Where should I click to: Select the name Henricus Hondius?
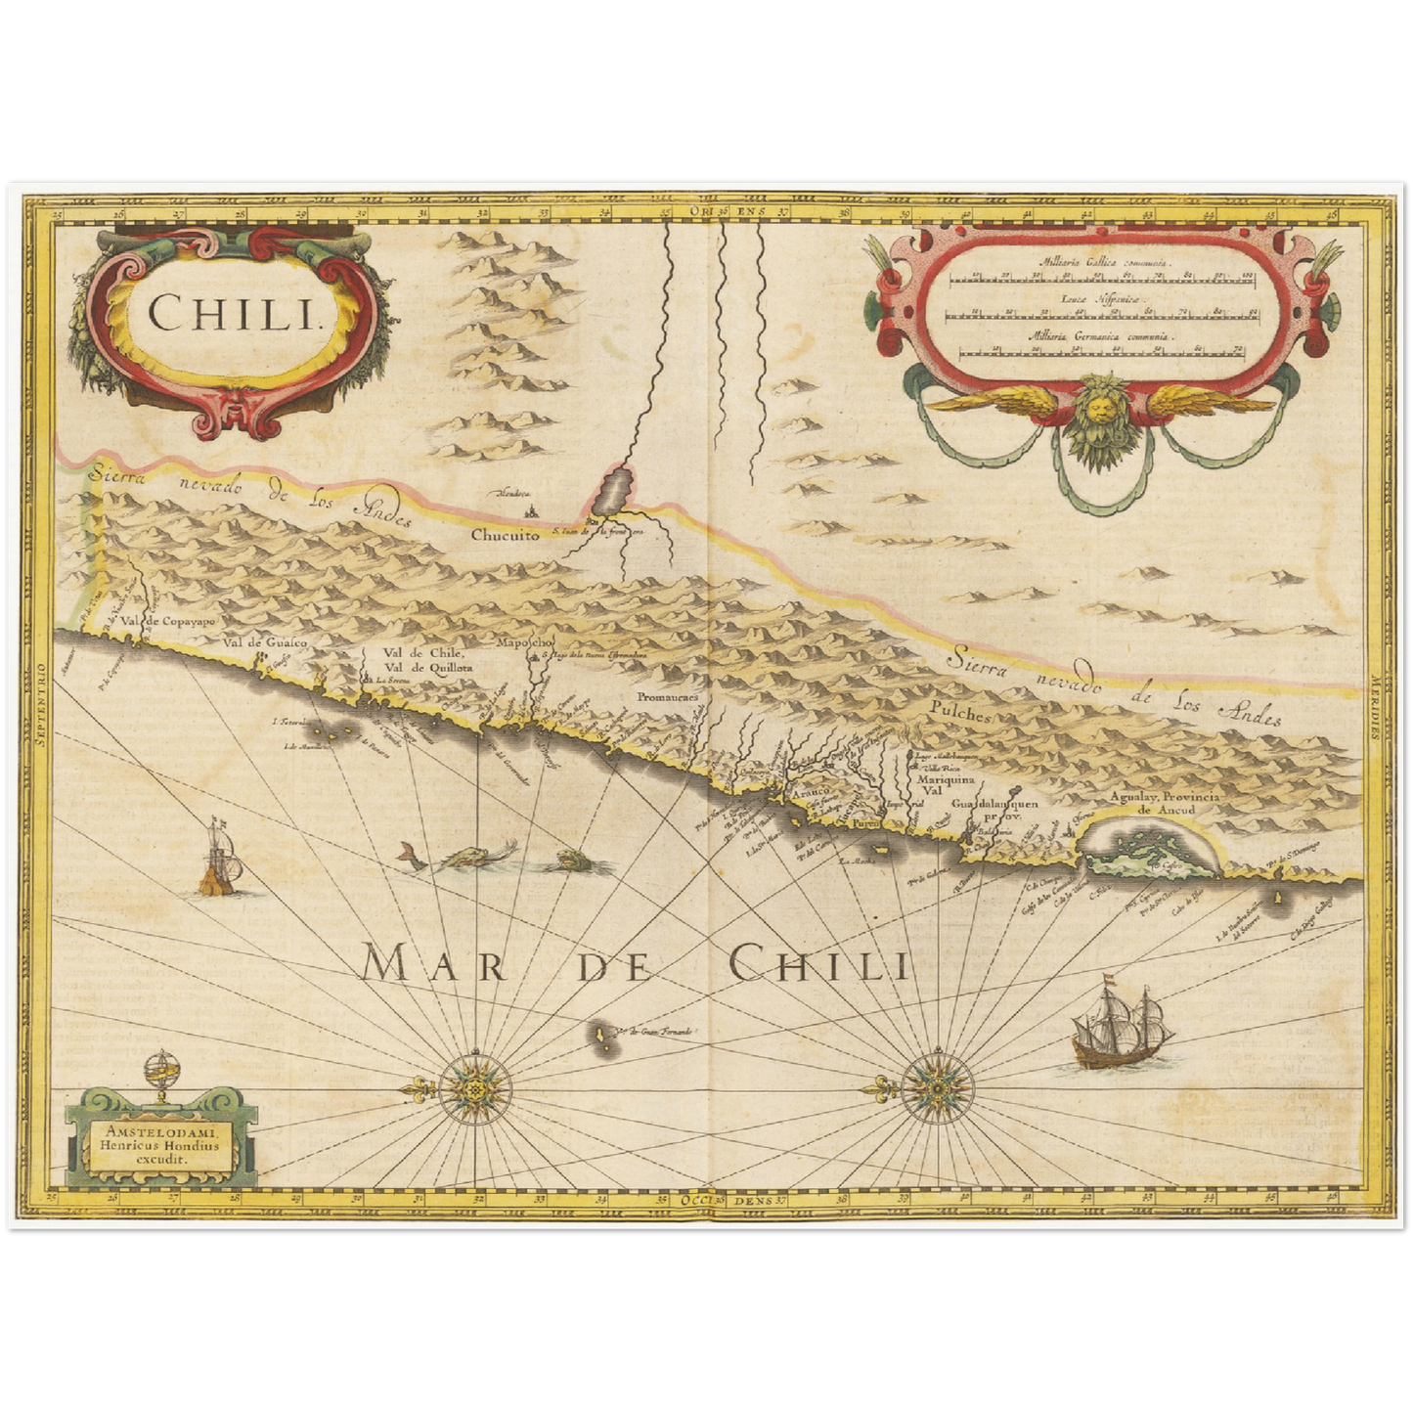pyautogui.click(x=160, y=1142)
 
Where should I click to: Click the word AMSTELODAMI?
pyautogui.click(x=160, y=1127)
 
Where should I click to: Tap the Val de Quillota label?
pyautogui.click(x=427, y=667)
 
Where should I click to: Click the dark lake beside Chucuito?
pyautogui.click(x=612, y=487)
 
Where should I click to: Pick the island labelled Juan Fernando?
pyautogui.click(x=597, y=1034)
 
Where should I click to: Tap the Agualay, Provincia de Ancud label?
pyautogui.click(x=1165, y=804)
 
